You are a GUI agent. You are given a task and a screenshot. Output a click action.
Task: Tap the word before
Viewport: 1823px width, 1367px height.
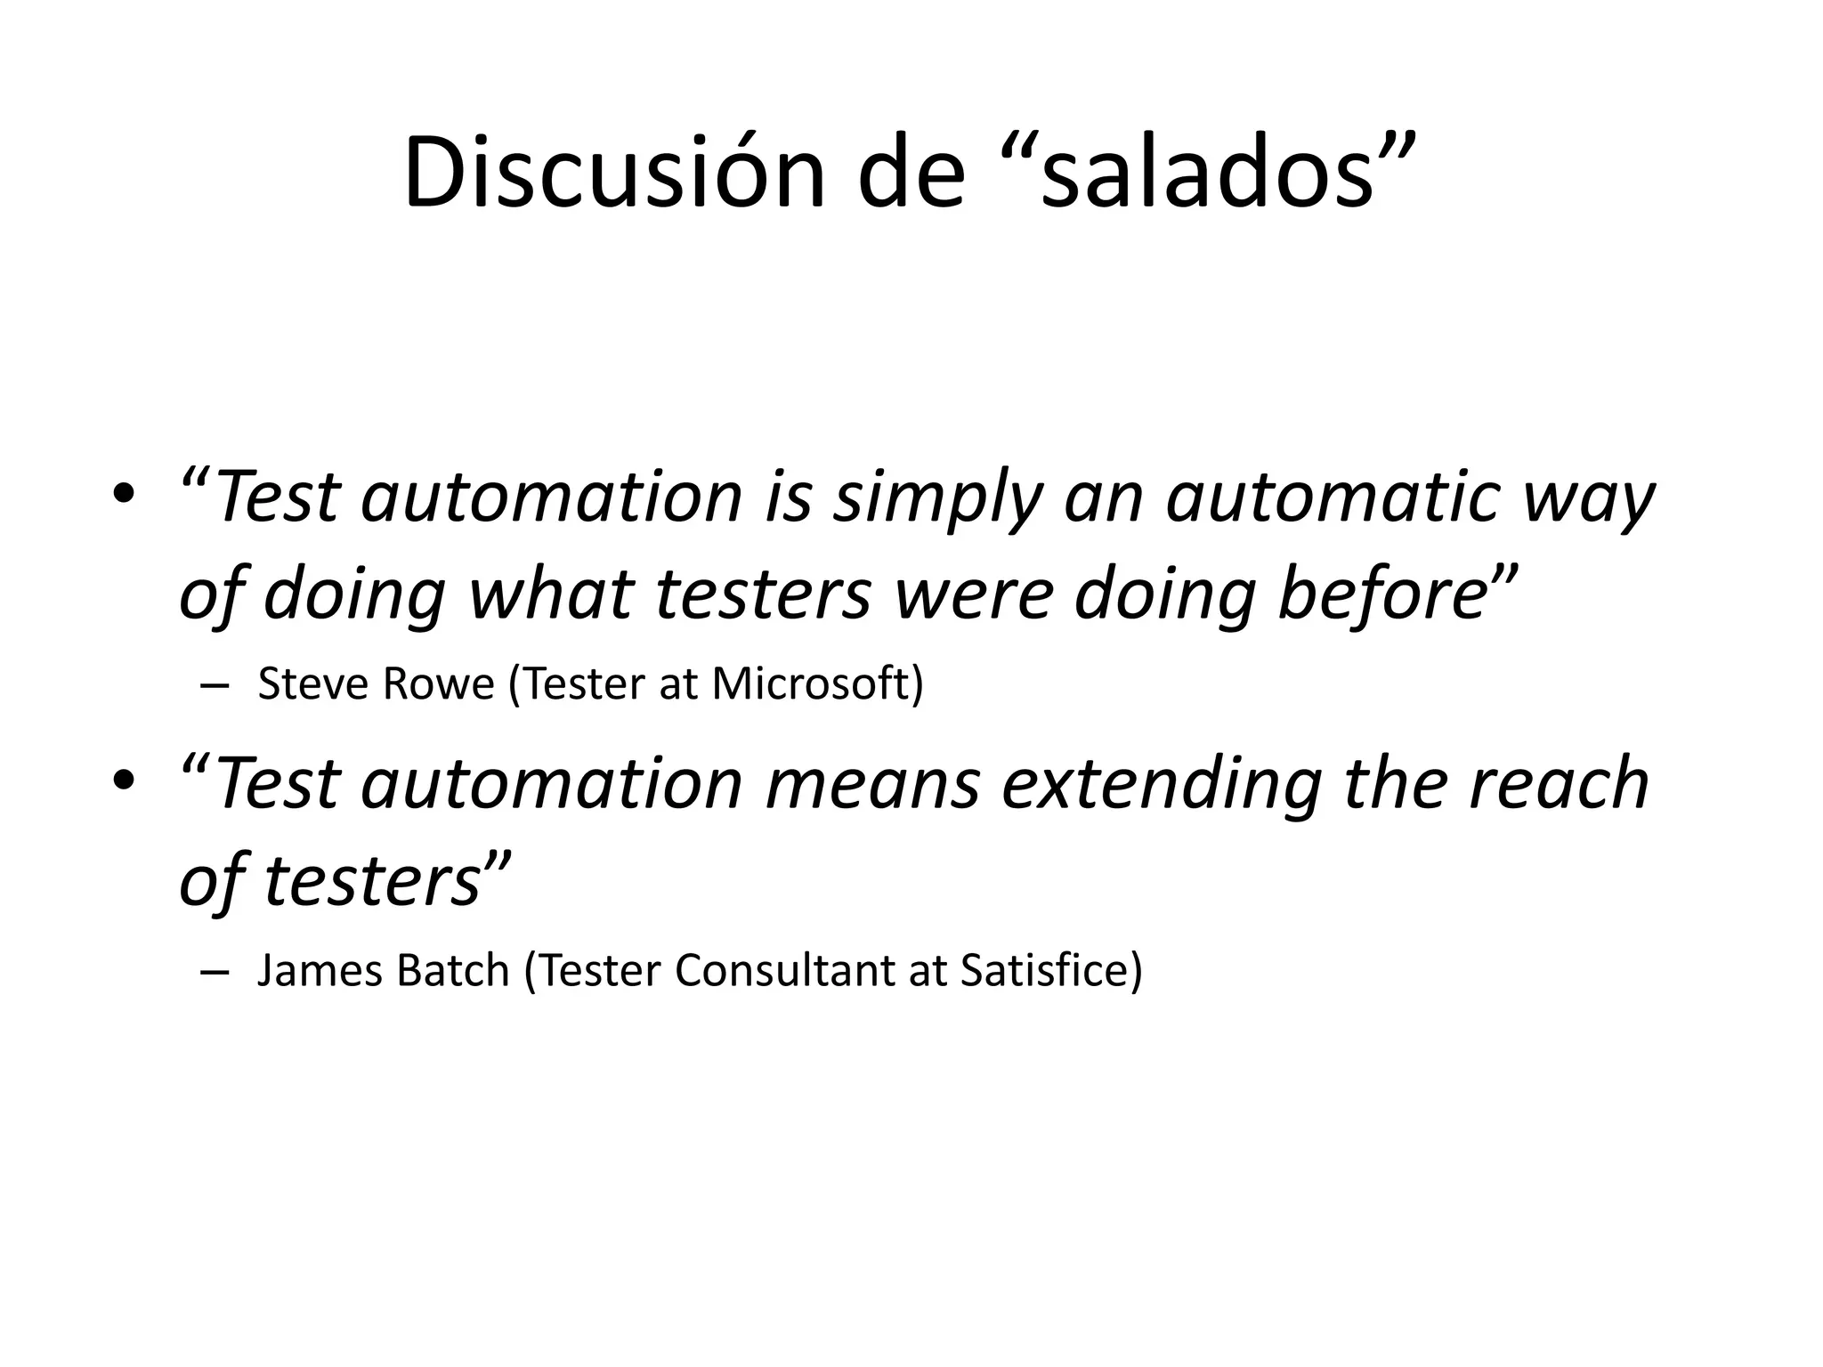tap(1380, 595)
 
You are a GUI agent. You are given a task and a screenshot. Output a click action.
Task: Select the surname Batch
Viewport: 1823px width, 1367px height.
tap(453, 970)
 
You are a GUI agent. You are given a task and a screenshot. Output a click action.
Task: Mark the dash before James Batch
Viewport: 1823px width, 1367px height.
tap(214, 972)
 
